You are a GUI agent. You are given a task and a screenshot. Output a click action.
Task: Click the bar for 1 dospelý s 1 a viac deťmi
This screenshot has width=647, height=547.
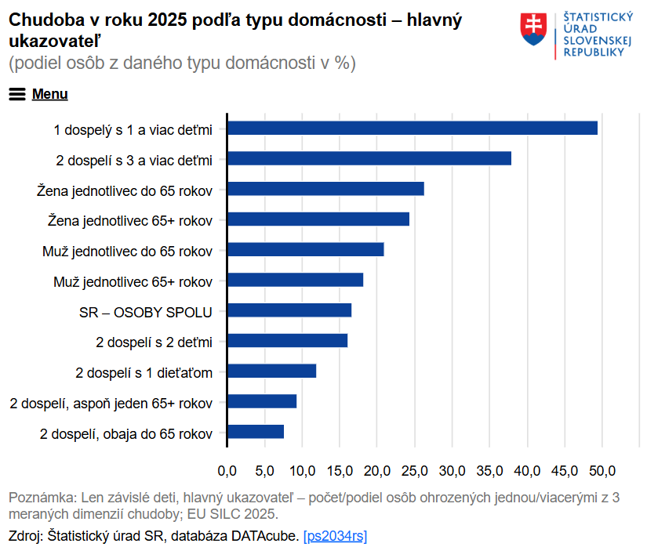tap(413, 129)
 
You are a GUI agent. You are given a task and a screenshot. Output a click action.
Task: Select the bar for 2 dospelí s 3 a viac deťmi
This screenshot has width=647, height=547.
tap(369, 159)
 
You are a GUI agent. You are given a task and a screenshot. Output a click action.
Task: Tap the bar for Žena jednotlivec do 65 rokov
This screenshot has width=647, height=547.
tap(325, 189)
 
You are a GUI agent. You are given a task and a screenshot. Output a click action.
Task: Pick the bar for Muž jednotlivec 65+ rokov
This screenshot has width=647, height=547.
tap(296, 281)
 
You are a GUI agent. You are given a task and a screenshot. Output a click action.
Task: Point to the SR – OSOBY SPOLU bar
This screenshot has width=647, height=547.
tap(289, 310)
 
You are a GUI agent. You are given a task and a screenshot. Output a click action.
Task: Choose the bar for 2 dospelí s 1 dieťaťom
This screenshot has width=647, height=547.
tap(272, 371)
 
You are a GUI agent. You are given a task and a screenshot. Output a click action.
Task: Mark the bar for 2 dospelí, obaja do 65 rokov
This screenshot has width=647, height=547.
tap(256, 432)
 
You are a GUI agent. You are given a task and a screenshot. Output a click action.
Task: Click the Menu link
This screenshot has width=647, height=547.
tap(49, 94)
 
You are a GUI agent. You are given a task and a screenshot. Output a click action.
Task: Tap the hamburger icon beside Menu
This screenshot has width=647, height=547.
tap(17, 94)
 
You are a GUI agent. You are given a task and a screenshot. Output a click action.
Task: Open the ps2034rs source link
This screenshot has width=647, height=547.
tap(335, 536)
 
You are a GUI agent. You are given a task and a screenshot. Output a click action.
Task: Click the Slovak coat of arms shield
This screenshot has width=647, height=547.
tap(534, 29)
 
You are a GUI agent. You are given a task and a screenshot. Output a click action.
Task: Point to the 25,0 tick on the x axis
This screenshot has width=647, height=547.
tap(415, 470)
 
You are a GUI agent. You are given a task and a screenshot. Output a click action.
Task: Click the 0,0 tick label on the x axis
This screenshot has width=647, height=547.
tap(227, 470)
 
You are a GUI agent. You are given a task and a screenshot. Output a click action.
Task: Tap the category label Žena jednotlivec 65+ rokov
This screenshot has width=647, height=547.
tap(130, 220)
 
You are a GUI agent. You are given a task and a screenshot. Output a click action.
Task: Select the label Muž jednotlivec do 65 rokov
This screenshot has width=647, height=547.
tap(127, 251)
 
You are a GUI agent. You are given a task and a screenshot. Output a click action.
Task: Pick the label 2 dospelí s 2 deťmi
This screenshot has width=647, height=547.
tap(154, 342)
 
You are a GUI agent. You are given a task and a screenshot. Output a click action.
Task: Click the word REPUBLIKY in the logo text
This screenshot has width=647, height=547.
tap(595, 52)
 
